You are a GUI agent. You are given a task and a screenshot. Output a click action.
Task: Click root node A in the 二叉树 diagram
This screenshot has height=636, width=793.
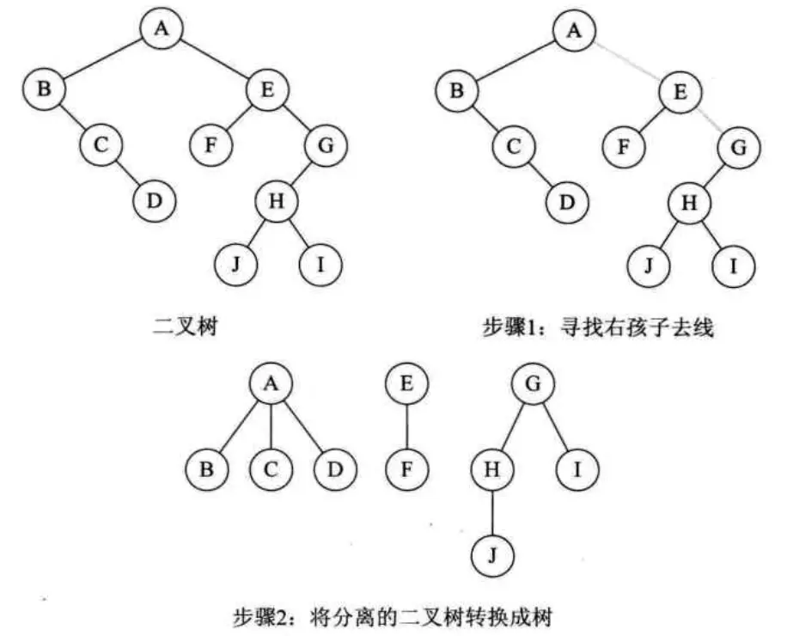tap(161, 28)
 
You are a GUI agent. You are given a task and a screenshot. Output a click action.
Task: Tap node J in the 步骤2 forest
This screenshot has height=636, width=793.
tap(492, 553)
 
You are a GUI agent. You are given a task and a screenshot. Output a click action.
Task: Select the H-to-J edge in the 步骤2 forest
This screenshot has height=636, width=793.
tap(492, 512)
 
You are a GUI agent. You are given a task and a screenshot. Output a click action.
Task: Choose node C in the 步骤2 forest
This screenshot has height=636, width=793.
tap(272, 469)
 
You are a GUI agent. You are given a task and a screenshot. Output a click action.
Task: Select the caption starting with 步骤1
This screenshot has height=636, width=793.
tap(596, 327)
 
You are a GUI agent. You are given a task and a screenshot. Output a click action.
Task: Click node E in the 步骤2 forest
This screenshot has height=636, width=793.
tap(406, 384)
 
